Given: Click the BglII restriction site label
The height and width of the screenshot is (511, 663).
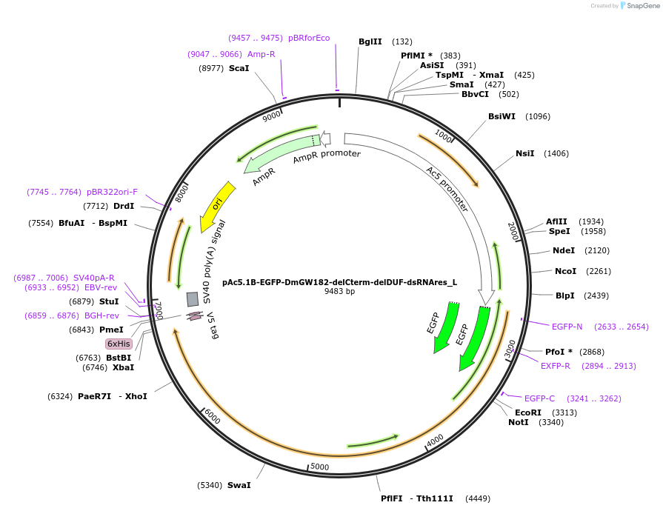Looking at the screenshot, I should (370, 41).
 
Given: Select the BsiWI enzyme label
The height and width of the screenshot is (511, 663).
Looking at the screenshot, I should (502, 116).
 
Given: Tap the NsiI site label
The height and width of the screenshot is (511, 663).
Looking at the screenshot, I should (524, 153).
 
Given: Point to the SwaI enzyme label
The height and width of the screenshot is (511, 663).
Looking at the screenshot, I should (239, 485).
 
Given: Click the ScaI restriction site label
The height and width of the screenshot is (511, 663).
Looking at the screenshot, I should (239, 68).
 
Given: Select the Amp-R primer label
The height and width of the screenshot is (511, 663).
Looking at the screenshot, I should (261, 54).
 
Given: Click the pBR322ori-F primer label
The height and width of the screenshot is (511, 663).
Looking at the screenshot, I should (112, 192).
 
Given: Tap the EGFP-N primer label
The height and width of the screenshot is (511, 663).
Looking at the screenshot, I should (567, 327).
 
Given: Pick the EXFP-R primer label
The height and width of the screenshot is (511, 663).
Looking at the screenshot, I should (555, 366).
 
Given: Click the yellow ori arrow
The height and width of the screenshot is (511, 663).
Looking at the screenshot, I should (217, 205).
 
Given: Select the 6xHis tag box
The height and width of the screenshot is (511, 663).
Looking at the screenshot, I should (119, 344).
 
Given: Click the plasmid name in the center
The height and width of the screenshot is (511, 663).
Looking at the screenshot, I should (339, 281).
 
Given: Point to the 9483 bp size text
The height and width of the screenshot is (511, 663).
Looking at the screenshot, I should (339, 291).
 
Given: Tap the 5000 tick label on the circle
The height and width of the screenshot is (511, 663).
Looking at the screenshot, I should (319, 467).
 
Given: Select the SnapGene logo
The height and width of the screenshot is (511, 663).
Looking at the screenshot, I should (639, 5).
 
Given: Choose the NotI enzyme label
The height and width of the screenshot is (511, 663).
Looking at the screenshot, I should (518, 422).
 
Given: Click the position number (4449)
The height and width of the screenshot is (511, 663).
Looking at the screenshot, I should (477, 498).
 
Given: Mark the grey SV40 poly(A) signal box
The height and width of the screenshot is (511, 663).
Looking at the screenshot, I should (193, 298).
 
